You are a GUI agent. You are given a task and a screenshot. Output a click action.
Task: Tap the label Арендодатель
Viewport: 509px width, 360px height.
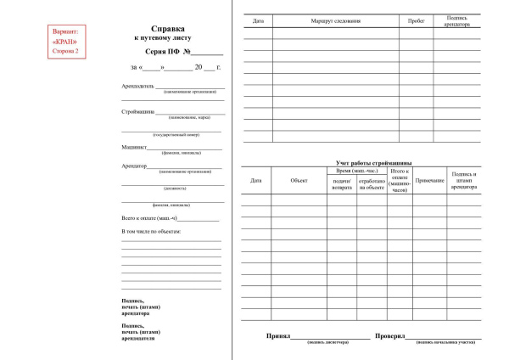click(x=139, y=86)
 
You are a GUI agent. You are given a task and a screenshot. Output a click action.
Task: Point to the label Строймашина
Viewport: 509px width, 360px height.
click(x=142, y=112)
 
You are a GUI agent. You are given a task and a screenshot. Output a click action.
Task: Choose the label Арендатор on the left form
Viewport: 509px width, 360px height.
click(x=136, y=166)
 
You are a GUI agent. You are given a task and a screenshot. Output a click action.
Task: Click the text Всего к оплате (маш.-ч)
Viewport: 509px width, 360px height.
click(x=149, y=219)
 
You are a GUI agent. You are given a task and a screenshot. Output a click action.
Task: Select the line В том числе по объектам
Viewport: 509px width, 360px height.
click(x=152, y=231)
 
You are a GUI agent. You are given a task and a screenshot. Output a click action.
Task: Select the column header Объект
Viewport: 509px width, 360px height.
click(x=299, y=181)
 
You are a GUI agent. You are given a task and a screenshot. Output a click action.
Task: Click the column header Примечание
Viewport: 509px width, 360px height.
click(x=430, y=181)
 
